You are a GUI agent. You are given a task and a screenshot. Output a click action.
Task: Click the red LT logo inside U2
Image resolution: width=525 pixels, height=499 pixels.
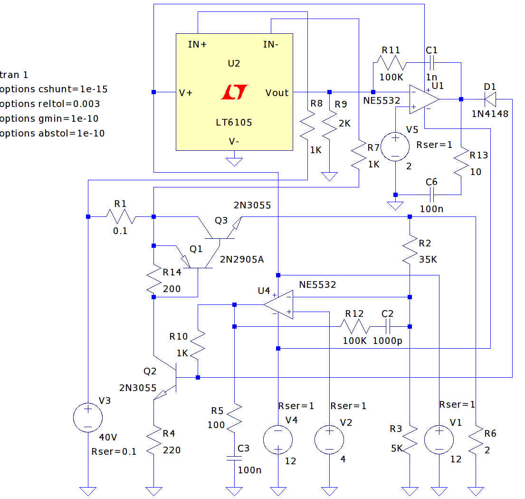coord(234,92)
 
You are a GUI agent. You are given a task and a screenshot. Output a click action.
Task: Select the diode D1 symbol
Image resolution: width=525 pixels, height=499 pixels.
coord(490,99)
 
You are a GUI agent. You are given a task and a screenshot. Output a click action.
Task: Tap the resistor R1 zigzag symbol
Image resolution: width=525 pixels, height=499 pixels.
coord(121,216)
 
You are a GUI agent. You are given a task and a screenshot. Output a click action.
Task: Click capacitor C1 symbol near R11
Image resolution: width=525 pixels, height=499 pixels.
coord(431,63)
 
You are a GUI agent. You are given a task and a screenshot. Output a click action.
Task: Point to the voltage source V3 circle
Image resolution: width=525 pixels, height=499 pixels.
coord(88,418)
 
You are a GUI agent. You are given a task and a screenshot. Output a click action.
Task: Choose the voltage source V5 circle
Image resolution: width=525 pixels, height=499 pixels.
coord(395,147)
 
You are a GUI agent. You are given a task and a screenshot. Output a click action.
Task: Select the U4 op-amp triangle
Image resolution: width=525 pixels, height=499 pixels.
coord(278,304)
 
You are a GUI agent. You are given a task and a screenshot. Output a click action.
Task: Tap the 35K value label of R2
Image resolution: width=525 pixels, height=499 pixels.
coord(428,259)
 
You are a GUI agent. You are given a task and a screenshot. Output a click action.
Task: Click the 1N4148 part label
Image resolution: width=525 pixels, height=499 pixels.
coord(490,114)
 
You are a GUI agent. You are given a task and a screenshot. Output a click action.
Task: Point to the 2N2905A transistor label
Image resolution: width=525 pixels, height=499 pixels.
coord(242,259)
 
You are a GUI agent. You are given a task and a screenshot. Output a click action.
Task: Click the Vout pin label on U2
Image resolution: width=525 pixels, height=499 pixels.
coord(277,93)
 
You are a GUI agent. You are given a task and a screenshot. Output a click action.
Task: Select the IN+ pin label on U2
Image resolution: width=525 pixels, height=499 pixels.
coord(197,44)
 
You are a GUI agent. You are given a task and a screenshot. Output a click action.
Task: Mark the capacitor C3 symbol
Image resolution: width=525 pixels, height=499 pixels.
coord(234,458)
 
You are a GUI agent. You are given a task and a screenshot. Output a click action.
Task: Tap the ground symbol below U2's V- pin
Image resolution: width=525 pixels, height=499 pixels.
coord(234,162)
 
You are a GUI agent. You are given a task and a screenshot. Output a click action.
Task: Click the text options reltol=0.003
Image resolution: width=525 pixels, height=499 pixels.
coord(50,104)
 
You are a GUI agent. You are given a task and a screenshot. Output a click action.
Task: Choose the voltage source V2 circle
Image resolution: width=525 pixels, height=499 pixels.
coord(329,440)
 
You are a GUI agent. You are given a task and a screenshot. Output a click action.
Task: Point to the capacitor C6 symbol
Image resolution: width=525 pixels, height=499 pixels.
coord(431,195)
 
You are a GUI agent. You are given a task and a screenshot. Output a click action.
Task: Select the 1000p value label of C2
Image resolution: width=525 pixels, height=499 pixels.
coord(387,341)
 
